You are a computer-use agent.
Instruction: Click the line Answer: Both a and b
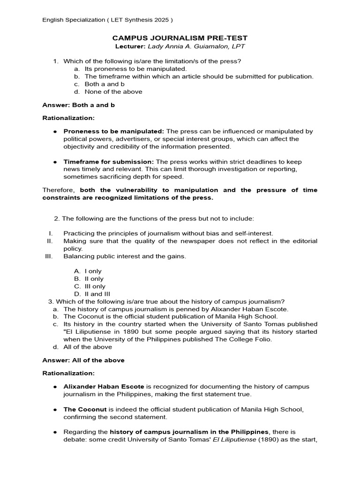click(x=78, y=105)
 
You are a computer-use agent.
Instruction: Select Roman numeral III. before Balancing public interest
click(x=49, y=256)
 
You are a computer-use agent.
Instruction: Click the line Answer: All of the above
click(x=83, y=360)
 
